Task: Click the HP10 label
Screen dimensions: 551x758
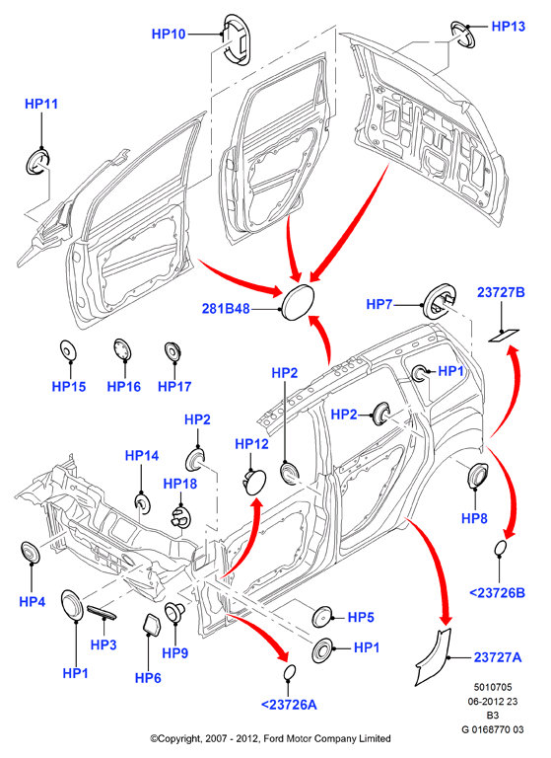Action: pyautogui.click(x=169, y=34)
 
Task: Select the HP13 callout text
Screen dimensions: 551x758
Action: pyautogui.click(x=508, y=26)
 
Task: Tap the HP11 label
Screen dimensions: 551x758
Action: pyautogui.click(x=41, y=104)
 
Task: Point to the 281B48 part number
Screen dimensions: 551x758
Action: pyautogui.click(x=226, y=308)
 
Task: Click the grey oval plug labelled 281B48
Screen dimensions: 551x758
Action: pyautogui.click(x=298, y=302)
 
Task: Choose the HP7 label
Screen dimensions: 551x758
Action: pyautogui.click(x=379, y=304)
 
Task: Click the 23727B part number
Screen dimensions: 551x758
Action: pyautogui.click(x=501, y=292)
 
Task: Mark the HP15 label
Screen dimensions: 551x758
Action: pyautogui.click(x=69, y=386)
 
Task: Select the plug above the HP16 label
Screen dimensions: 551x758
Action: pyautogui.click(x=122, y=349)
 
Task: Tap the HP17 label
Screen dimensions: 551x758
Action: pyautogui.click(x=174, y=386)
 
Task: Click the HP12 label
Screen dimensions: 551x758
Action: pyautogui.click(x=251, y=444)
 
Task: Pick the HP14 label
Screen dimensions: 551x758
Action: pyautogui.click(x=142, y=455)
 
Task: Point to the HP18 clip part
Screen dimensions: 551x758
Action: pyautogui.click(x=179, y=515)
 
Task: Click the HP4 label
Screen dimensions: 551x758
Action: pyautogui.click(x=33, y=602)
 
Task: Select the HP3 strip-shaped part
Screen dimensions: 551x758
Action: pyautogui.click(x=102, y=613)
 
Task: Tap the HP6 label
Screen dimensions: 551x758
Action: pyautogui.click(x=148, y=678)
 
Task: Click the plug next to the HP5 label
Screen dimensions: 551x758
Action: pyautogui.click(x=321, y=617)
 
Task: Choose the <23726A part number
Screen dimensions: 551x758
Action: pyautogui.click(x=289, y=705)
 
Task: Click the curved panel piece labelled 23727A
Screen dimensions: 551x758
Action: pyautogui.click(x=431, y=656)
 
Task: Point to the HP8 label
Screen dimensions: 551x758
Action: pyautogui.click(x=475, y=519)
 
